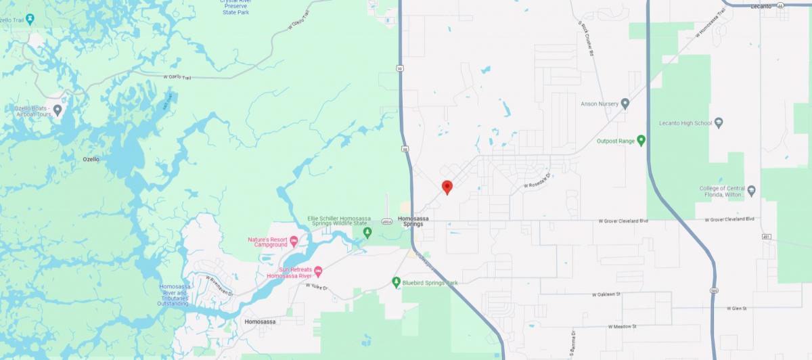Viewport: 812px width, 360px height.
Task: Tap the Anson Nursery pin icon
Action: coord(625,104)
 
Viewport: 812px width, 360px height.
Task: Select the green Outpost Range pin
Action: coord(641,140)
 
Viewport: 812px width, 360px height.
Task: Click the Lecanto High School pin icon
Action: coord(719,123)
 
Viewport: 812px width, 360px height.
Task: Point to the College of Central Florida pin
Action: coord(751,189)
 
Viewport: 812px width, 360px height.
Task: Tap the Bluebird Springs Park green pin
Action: coord(397,282)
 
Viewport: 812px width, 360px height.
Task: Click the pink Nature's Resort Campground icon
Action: coord(294,241)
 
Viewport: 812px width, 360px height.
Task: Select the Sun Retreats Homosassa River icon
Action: coord(318,271)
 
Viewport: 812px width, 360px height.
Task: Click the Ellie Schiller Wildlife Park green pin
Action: coord(367,233)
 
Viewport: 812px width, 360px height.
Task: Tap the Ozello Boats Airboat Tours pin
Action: coord(58,110)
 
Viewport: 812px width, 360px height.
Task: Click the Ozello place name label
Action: coord(91,159)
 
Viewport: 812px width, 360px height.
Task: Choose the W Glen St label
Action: coord(736,308)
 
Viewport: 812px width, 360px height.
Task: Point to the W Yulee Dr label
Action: coord(316,288)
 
